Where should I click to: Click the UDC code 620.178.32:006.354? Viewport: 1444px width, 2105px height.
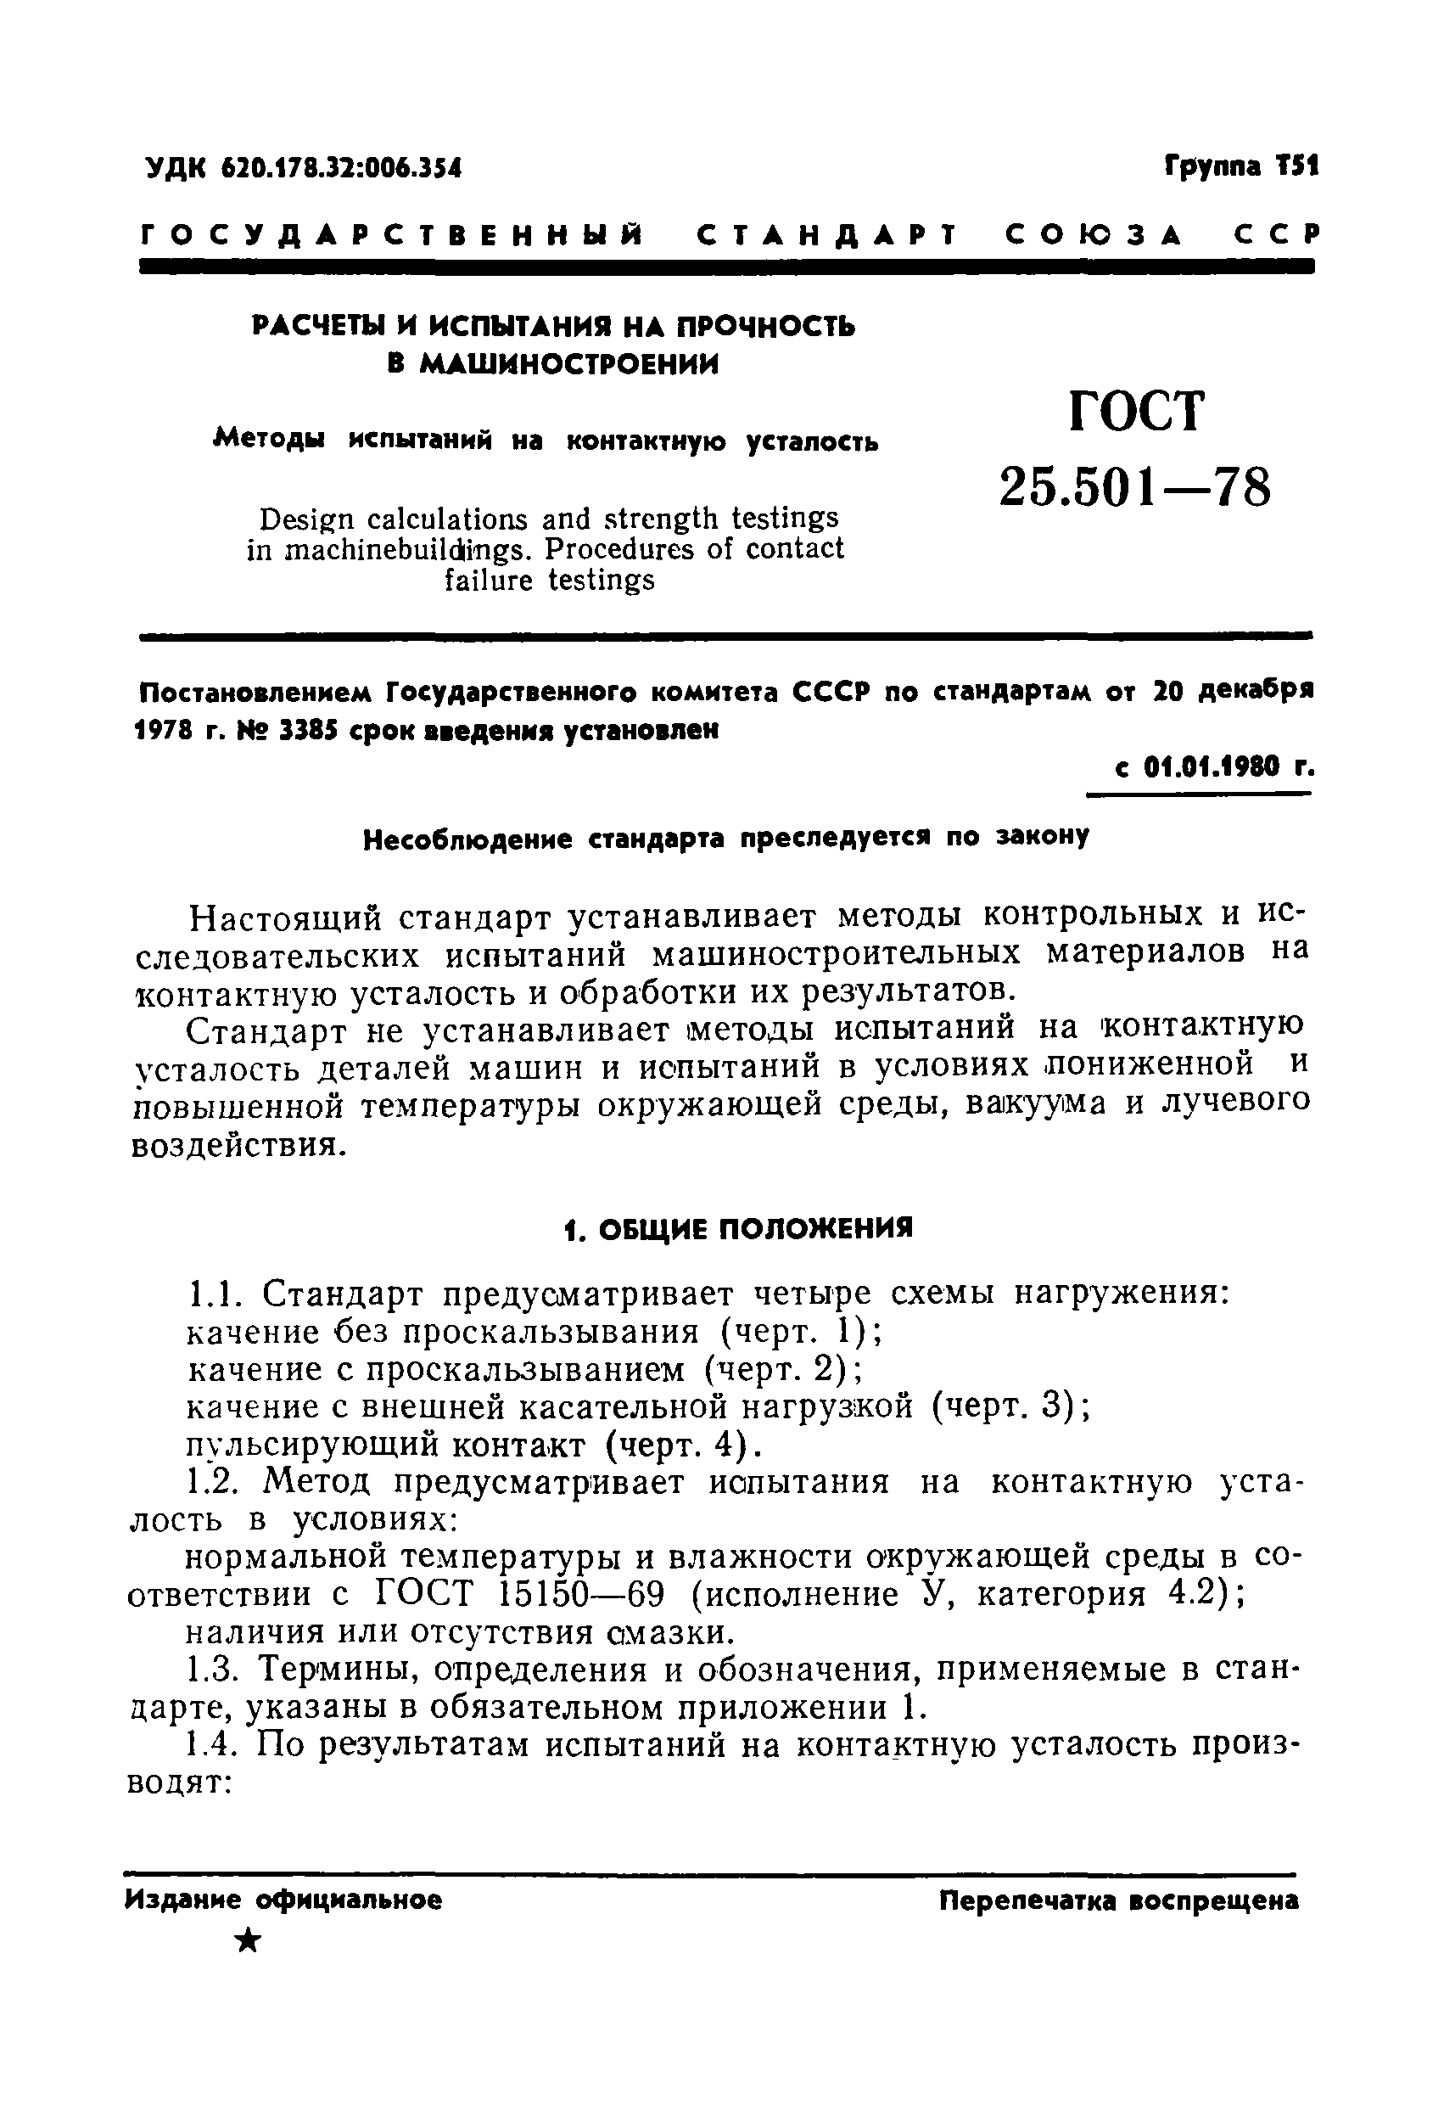340,168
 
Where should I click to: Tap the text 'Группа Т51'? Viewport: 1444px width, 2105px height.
1241,166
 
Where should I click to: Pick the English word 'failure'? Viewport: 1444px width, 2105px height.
489,581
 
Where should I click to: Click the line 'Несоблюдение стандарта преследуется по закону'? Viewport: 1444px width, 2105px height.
725,839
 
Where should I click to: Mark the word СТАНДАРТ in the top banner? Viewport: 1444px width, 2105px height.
813,234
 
